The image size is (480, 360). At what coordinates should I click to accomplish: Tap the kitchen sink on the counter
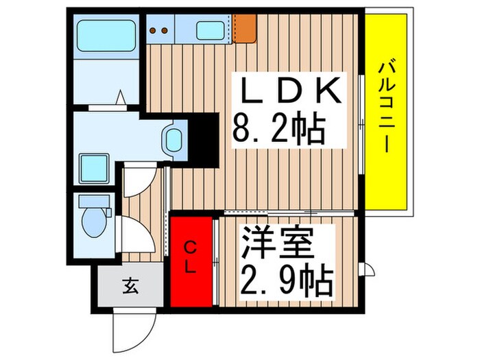pos(211,29)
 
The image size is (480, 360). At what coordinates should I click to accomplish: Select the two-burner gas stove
pos(160,29)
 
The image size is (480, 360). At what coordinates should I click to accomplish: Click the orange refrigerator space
pos(244,26)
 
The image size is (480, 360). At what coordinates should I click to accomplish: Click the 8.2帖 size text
pos(278,128)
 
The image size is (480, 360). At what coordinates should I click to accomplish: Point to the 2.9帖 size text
pos(286,279)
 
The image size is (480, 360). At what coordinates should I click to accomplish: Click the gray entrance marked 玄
pos(130,283)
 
